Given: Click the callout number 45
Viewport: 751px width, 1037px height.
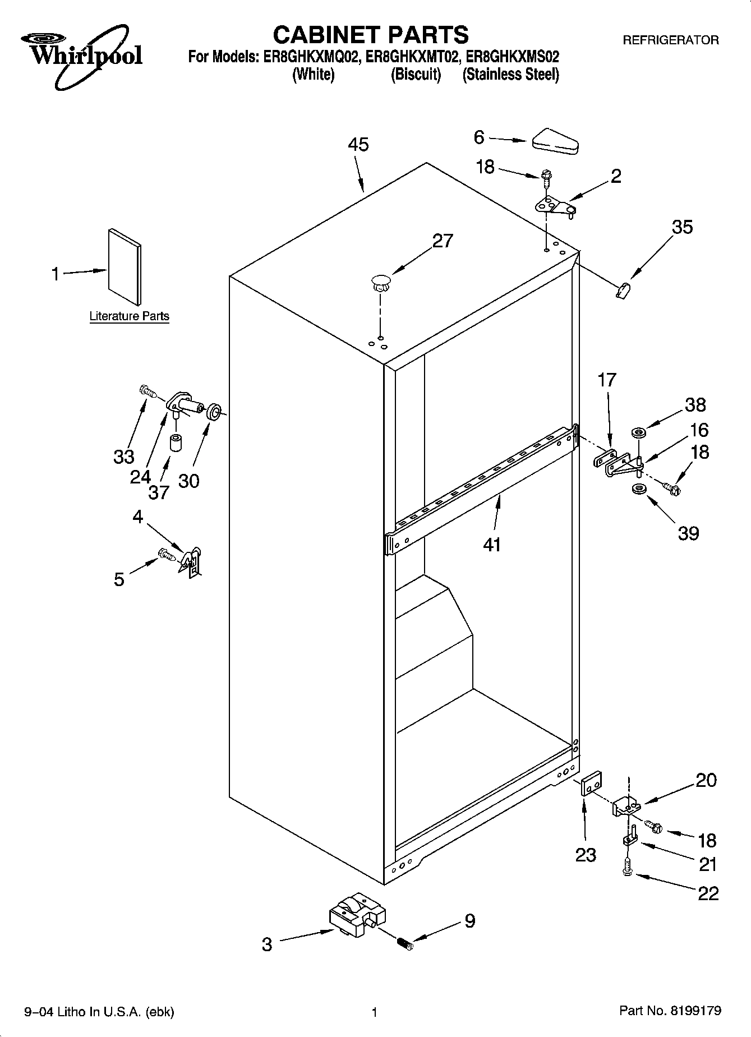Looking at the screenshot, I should [x=358, y=145].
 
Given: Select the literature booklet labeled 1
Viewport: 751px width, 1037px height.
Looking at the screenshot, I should [x=125, y=266].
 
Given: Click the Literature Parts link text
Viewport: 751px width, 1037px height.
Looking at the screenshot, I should [x=129, y=316].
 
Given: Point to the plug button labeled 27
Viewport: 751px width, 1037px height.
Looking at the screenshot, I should [x=380, y=282].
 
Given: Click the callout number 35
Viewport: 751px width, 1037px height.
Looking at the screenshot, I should [x=682, y=227].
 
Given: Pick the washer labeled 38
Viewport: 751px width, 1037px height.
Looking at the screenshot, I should [x=638, y=432].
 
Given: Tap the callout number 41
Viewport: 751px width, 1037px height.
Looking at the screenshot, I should [x=491, y=544].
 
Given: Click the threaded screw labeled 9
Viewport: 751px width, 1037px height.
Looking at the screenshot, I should [x=404, y=944].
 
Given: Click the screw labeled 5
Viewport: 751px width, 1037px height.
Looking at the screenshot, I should [x=166, y=554].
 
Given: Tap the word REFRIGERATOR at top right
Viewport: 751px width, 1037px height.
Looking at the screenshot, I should [x=671, y=40].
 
